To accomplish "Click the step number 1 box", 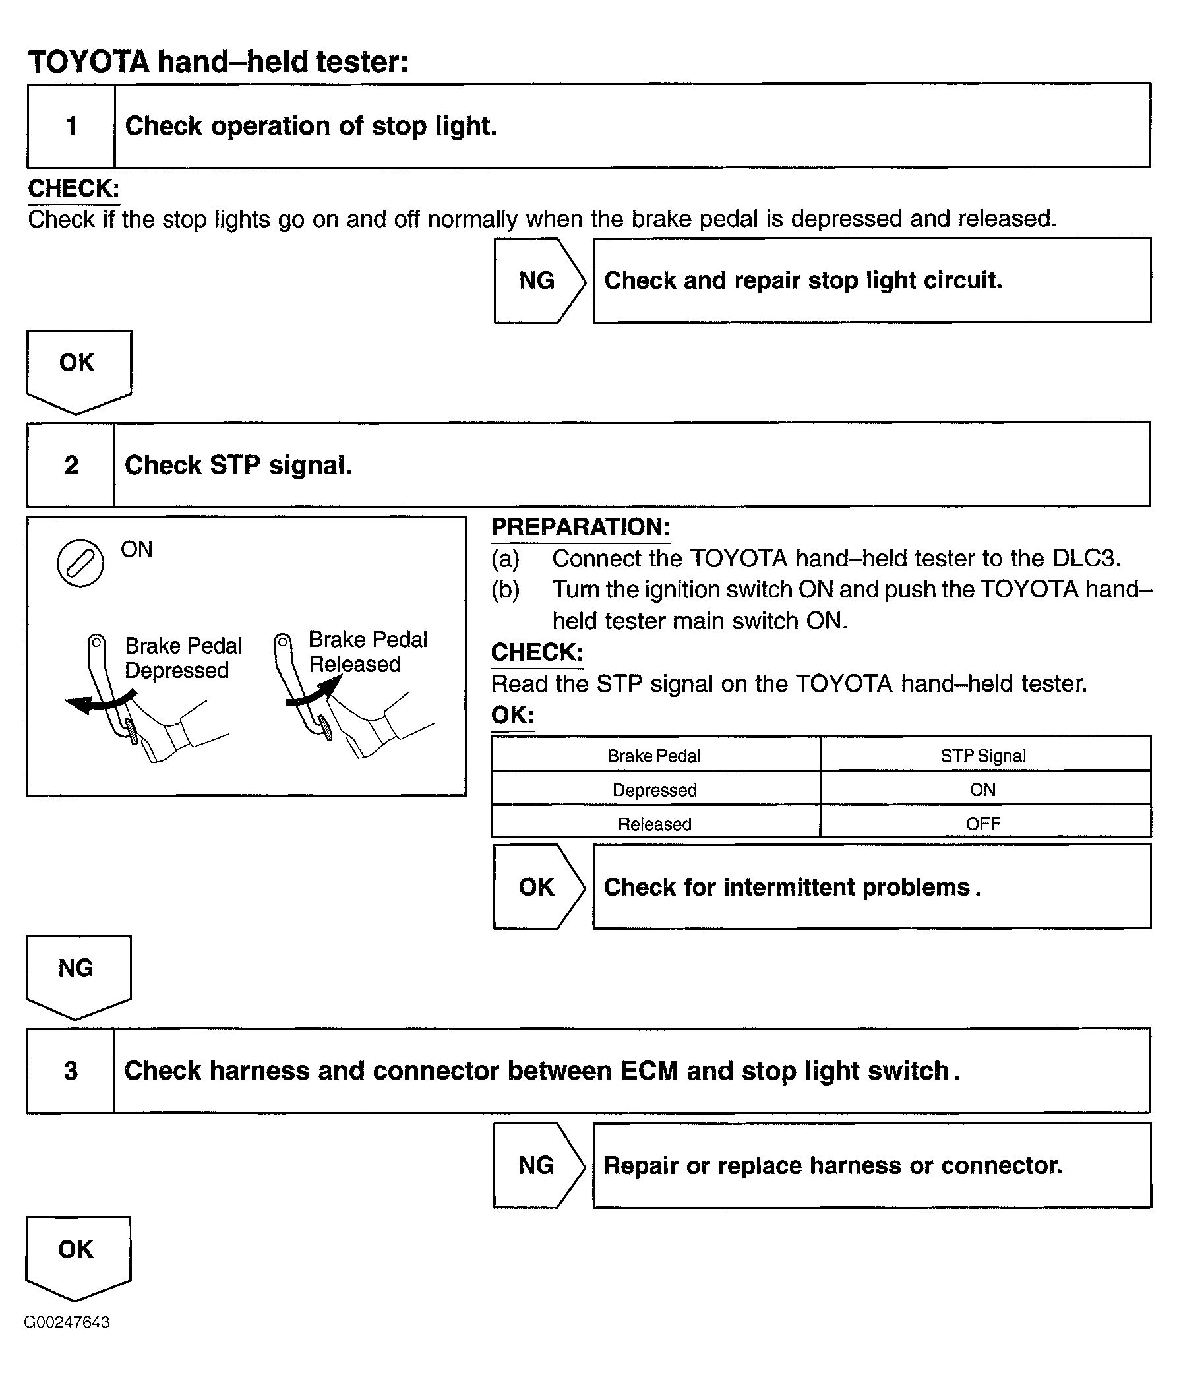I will [71, 125].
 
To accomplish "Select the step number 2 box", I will [71, 464].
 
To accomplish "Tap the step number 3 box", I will [71, 1070].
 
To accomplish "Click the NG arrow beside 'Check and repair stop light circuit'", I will [537, 280].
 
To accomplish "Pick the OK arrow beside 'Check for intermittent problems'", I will [537, 886].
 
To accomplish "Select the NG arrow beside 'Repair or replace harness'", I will [537, 1165].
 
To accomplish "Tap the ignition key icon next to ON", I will [80, 563].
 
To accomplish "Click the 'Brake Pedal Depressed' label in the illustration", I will [183, 658].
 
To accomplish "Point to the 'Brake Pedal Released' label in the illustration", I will [367, 652].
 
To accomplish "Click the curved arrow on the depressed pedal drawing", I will [100, 702].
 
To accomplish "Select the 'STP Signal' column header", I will [983, 756].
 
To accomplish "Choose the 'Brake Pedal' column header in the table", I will [654, 756].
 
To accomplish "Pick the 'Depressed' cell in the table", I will [654, 790].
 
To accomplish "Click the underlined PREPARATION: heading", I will [580, 527].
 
